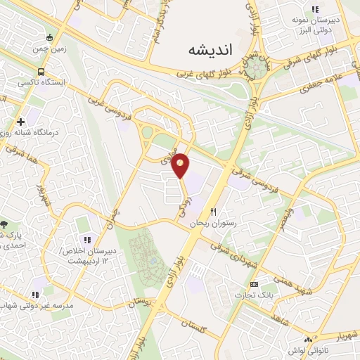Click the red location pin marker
(181, 164)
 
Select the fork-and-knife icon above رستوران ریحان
(214, 212)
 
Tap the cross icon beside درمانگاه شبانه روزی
(20, 122)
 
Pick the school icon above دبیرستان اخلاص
(87, 241)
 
